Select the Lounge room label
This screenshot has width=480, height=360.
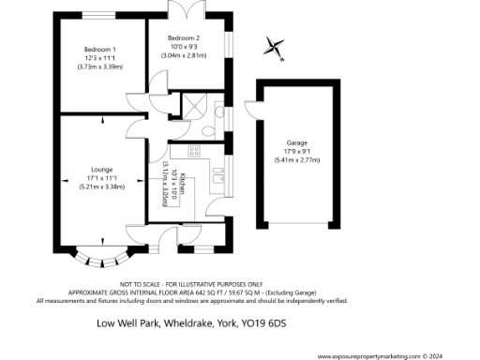coord(101,170)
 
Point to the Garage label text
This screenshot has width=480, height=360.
coord(296,142)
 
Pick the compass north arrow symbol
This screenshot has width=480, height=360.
coord(274,44)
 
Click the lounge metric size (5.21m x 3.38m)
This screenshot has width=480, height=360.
coord(101,187)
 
